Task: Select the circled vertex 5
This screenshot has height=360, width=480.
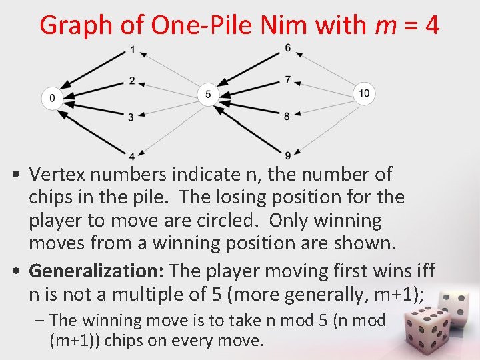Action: (x=208, y=94)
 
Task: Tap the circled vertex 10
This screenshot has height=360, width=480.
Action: (x=363, y=93)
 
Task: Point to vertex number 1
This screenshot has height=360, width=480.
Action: (x=133, y=50)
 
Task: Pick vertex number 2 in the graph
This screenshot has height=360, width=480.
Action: (x=132, y=81)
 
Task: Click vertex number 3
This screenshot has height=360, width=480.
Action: (x=131, y=117)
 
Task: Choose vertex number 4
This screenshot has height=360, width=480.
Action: (x=132, y=156)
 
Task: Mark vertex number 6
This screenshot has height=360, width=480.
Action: (x=287, y=48)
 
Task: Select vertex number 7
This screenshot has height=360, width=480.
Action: (x=287, y=79)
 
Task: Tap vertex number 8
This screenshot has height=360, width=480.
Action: (x=287, y=116)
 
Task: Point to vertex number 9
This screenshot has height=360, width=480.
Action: (x=287, y=156)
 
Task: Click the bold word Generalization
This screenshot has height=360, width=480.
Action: (x=97, y=271)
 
